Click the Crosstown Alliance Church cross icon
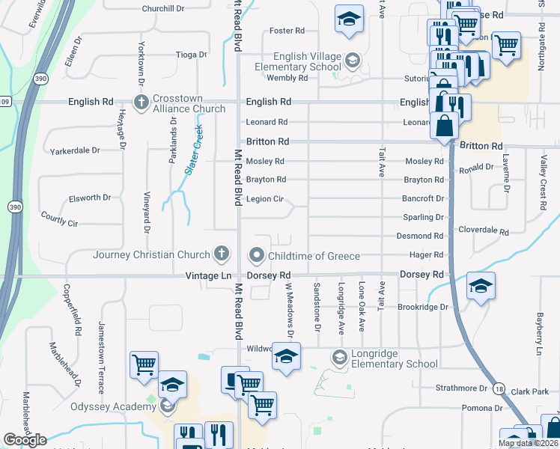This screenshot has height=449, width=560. click(141, 102)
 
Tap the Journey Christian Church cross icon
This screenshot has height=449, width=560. click(221, 255)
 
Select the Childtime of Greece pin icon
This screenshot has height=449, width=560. click(258, 256)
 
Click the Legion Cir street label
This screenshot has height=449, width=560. click(265, 199)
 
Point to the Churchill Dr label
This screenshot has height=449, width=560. click(163, 8)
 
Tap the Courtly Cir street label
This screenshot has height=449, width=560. click(59, 223)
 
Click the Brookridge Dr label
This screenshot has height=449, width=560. click(422, 307)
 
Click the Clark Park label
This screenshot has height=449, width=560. click(531, 391)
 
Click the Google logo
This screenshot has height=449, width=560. click(25, 440)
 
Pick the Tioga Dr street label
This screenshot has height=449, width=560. click(190, 55)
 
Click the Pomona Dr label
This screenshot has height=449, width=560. click(466, 408)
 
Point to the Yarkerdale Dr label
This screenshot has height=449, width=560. click(75, 150)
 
